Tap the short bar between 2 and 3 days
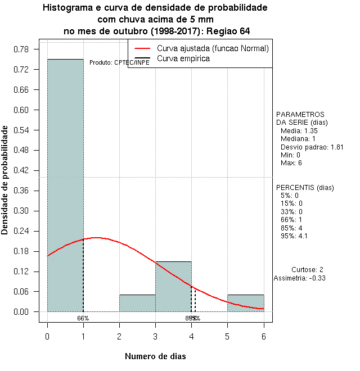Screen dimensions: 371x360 point(137,303)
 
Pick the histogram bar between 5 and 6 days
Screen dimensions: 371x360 point(245,303)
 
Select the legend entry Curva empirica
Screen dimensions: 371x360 point(183,58)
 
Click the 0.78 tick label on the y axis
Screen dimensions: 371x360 point(21,49)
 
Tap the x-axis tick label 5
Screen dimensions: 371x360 point(227,336)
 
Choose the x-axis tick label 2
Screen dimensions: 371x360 point(119,336)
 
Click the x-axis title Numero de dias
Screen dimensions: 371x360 point(155,356)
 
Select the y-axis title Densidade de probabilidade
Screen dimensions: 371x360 point(5,180)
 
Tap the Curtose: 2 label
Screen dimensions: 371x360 point(307,270)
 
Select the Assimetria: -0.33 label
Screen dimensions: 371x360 point(299,278)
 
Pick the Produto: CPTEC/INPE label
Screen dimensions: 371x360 point(119,62)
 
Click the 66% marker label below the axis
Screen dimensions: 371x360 point(83,318)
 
